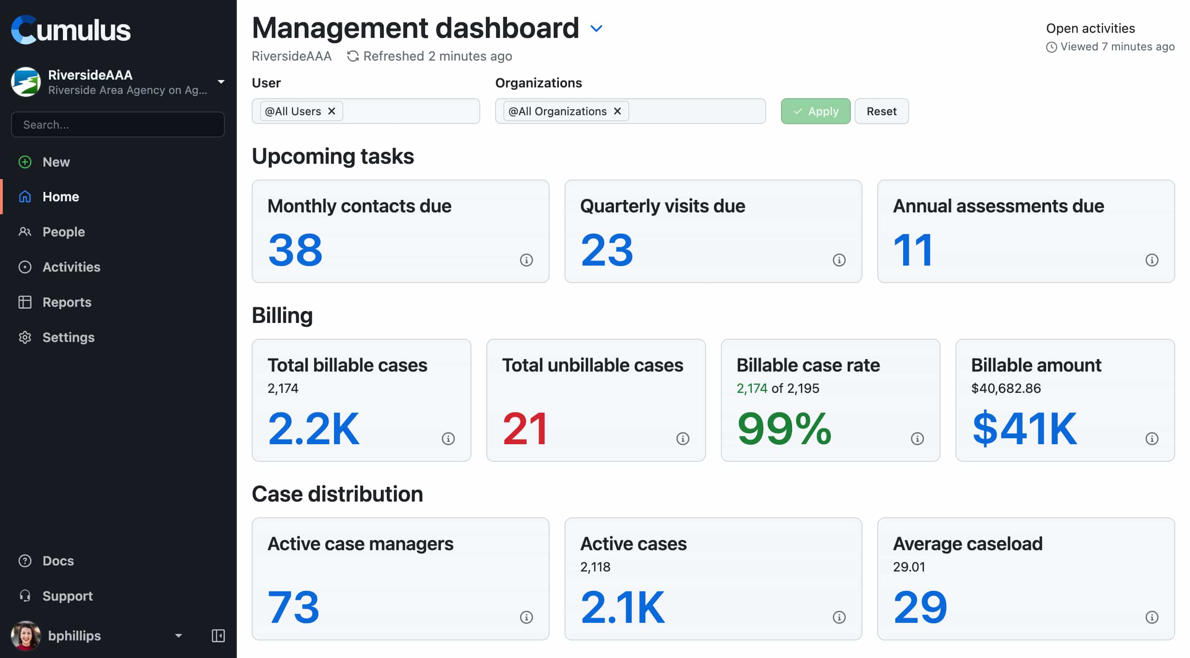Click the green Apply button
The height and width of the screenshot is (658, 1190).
[815, 111]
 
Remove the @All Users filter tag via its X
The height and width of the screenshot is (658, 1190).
[331, 111]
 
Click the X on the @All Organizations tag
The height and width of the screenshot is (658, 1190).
[617, 111]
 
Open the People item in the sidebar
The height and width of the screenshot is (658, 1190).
[63, 232]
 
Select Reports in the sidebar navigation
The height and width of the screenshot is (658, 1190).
[67, 302]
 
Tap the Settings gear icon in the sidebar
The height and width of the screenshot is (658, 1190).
[25, 337]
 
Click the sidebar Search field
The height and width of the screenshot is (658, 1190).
[118, 124]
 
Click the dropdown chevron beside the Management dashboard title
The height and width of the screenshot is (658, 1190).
[596, 29]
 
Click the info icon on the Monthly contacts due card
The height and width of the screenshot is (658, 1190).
[526, 260]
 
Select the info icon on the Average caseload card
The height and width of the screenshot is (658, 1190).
[1152, 617]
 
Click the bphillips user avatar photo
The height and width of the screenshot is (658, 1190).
[25, 636]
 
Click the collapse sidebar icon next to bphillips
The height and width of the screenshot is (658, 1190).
[218, 636]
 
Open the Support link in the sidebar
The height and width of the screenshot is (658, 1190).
[67, 596]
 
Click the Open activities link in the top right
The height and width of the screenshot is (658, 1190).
[1090, 29]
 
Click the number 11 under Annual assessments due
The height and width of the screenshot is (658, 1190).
[912, 250]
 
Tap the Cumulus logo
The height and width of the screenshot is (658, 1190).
[71, 30]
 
